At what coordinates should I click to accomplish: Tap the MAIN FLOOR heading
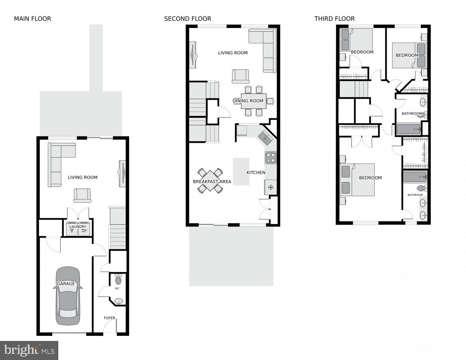click(x=32, y=19)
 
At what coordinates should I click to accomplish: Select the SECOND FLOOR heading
click(x=187, y=19)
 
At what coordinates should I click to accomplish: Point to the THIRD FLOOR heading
click(x=334, y=19)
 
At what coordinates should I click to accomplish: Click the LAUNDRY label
click(x=78, y=227)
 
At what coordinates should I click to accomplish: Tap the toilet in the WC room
click(x=118, y=279)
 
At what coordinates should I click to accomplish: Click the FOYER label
click(x=110, y=318)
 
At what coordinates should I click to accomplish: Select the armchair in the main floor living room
click(x=82, y=195)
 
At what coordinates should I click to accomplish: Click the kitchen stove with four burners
click(x=271, y=158)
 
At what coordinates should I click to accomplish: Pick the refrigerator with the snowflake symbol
click(x=271, y=187)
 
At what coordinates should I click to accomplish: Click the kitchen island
click(x=241, y=172)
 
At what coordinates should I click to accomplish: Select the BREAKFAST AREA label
click(x=212, y=181)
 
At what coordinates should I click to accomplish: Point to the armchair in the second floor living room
click(x=240, y=76)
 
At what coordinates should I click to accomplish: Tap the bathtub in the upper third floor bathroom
click(x=408, y=129)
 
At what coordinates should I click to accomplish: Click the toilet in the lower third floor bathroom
click(x=421, y=188)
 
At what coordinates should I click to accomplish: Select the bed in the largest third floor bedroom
click(x=358, y=180)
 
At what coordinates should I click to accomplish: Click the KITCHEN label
click(x=256, y=172)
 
